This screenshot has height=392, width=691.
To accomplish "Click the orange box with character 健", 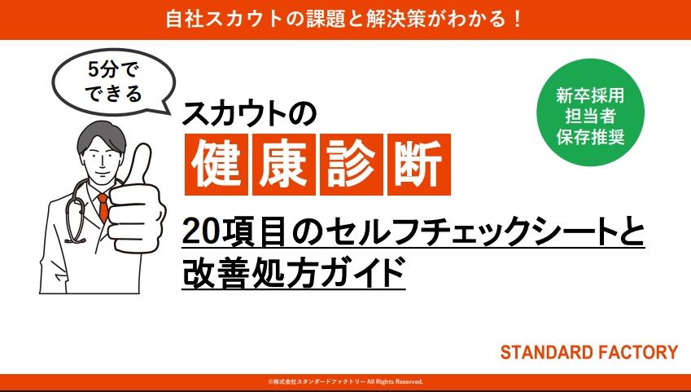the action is (216, 165).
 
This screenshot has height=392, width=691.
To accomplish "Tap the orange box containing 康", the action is (284, 165).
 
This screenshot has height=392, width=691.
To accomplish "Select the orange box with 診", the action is (352, 165).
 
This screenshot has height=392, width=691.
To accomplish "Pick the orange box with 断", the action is (418, 165).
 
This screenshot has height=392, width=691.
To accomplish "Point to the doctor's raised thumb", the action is (140, 165).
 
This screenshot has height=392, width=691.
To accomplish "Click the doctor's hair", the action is (101, 136).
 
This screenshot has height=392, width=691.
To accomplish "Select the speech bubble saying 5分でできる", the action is (113, 81).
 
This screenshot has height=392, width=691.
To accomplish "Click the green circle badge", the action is (590, 112).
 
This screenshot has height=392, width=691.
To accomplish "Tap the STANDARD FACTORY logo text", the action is (588, 352).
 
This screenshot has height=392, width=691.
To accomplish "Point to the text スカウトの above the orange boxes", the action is (249, 114).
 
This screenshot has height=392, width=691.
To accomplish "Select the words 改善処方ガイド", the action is (294, 272).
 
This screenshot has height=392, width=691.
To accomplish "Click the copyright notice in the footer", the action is (345, 382).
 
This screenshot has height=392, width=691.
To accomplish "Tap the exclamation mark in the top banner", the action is (518, 20).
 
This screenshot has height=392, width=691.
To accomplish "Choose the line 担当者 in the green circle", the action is (590, 117).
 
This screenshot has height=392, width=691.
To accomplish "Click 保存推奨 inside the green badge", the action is (590, 137).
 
